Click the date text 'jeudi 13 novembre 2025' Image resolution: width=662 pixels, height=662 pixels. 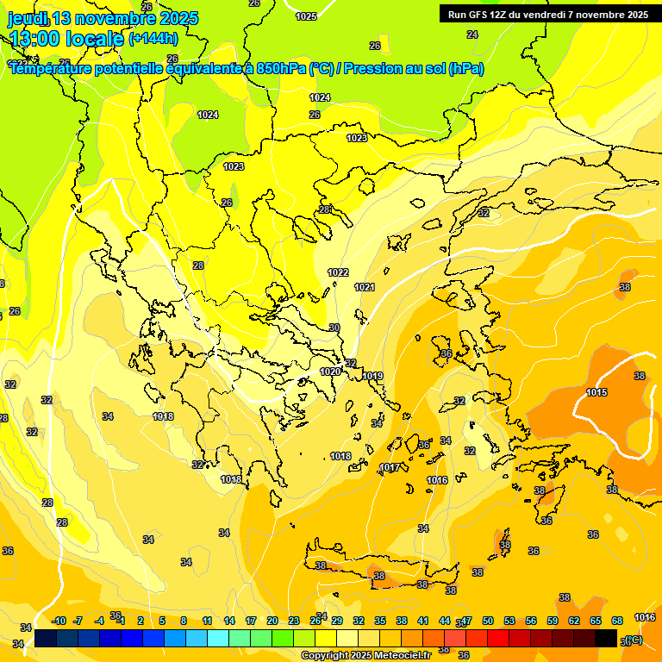(x=103, y=18)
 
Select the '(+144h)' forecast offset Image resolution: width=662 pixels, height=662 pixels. (x=153, y=39)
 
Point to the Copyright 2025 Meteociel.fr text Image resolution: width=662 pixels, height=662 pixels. (x=365, y=655)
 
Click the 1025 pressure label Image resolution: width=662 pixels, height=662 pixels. (x=306, y=16)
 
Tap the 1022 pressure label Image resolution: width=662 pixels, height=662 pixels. (x=338, y=272)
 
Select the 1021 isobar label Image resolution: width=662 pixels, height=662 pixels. (x=365, y=287)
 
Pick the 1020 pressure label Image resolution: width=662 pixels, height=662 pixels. (x=330, y=372)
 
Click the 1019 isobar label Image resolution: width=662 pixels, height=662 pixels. (x=372, y=376)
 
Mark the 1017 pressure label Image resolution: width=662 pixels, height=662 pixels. (x=390, y=468)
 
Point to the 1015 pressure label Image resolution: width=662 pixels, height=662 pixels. (x=596, y=393)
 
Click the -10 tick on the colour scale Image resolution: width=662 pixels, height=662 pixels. (x=59, y=621)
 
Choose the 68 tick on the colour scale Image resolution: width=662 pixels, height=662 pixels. (x=617, y=621)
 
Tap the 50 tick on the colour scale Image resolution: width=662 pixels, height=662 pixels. (x=488, y=621)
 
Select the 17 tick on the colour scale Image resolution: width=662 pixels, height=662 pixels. (x=251, y=621)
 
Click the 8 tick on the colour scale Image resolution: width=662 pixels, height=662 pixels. (x=184, y=621)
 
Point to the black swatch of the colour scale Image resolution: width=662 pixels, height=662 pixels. (x=606, y=638)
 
